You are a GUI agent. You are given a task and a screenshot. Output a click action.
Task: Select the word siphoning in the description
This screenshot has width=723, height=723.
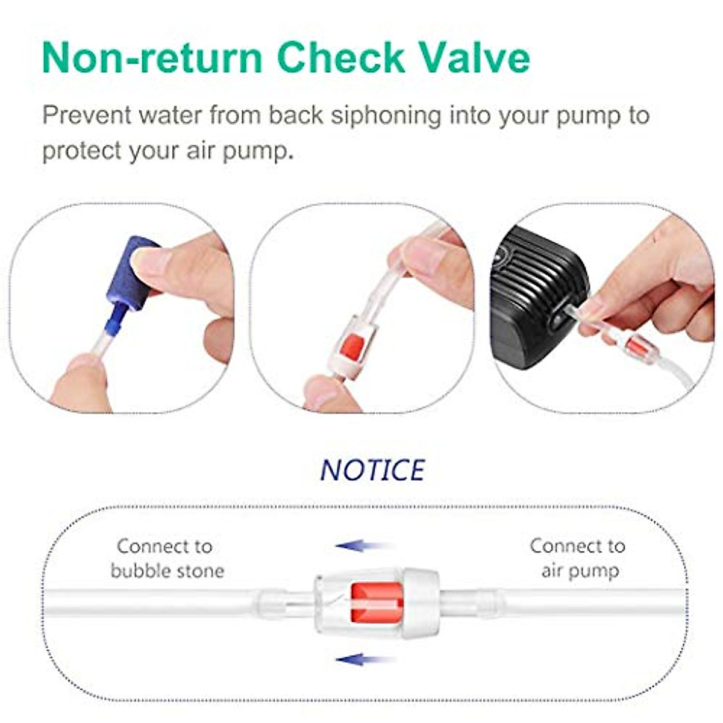coord(386,115)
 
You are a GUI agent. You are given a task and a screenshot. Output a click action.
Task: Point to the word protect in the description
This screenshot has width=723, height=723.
coord(82,151)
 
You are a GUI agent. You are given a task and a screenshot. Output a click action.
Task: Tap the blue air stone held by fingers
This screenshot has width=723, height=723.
coord(130,274)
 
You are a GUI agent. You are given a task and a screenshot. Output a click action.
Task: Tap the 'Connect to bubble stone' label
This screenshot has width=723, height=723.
coord(166,559)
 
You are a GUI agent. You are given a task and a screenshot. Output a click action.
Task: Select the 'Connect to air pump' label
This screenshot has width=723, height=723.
coord(577,559)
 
